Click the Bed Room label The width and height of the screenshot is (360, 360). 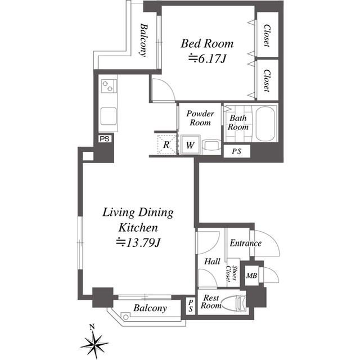coord(207,43)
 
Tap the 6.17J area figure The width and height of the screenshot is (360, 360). coord(208,58)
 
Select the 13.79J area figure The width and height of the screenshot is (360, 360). coord(138,242)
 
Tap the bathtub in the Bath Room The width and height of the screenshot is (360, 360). coord(265,124)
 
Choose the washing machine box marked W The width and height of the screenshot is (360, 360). coord(190,145)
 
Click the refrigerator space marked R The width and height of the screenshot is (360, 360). coord(166,145)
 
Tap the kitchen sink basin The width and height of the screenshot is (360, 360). coord(109,116)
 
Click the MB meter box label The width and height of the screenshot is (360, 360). coord(251,275)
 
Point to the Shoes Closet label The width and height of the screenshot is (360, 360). coord(231,273)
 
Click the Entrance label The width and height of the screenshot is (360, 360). coord(245,243)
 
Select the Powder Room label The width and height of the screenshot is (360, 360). coord(200,118)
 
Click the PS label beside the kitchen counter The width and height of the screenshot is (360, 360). coord(105,139)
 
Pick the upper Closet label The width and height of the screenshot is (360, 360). coord(267,35)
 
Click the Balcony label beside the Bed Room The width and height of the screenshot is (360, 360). coord(143,39)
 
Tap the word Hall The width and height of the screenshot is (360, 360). coord(212,262)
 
